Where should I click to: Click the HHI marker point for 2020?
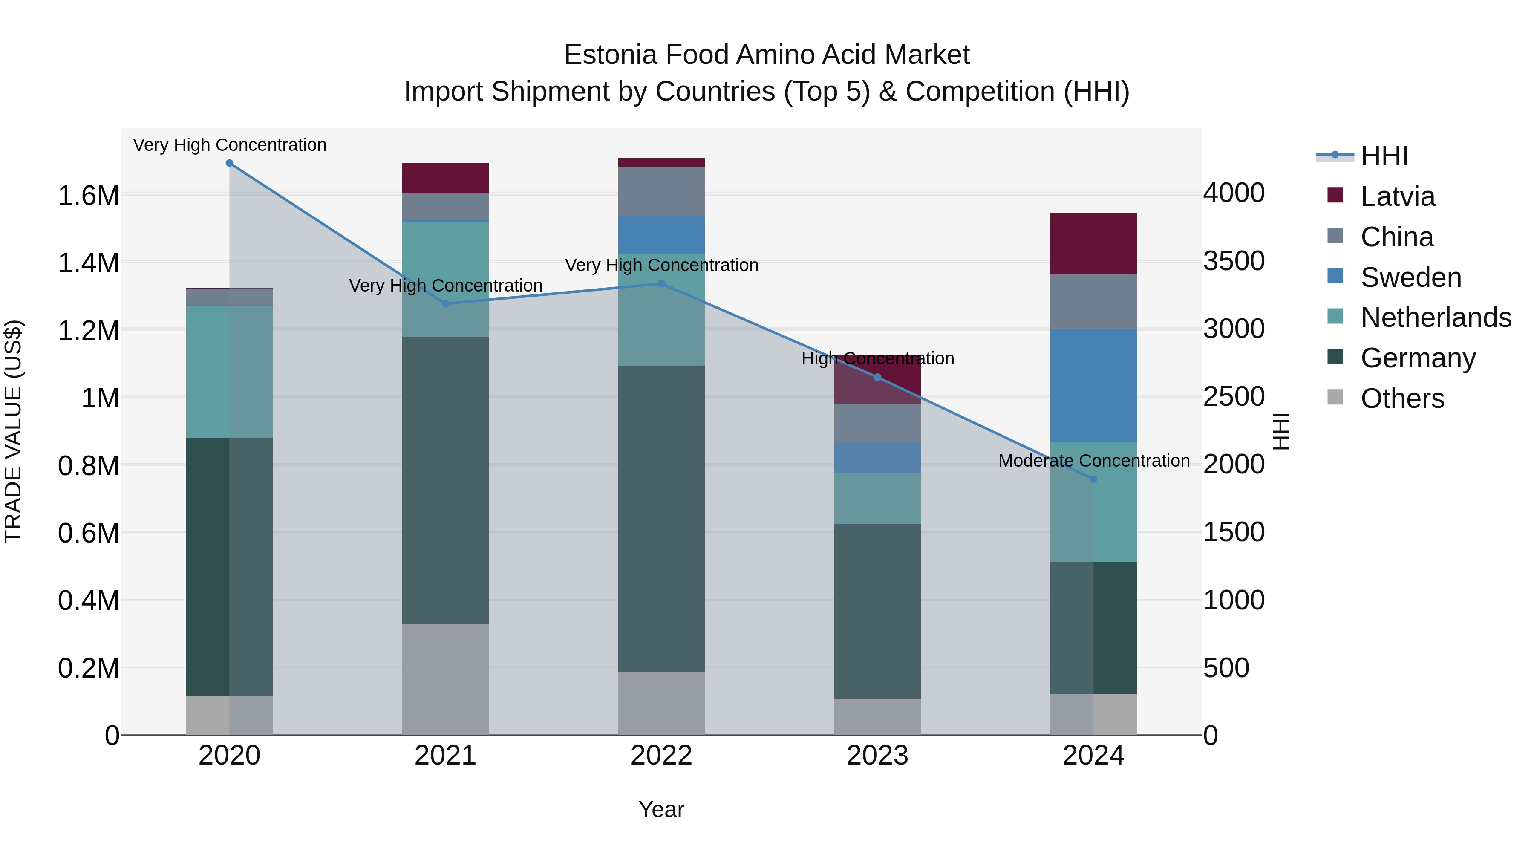pos(229,163)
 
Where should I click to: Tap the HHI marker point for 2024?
pos(1093,479)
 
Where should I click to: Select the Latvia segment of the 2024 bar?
pos(1093,244)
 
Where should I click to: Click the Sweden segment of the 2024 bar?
pos(1093,385)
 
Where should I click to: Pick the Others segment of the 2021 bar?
pos(445,679)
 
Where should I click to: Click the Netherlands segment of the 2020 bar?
pos(229,372)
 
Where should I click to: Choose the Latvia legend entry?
pos(1398,196)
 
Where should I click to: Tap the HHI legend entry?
pos(1383,156)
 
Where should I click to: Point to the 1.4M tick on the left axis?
pos(88,263)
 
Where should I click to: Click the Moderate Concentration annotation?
pos(1093,460)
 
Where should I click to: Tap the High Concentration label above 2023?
pos(877,358)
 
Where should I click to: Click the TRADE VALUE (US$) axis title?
pos(13,431)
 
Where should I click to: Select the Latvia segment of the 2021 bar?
pos(445,178)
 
